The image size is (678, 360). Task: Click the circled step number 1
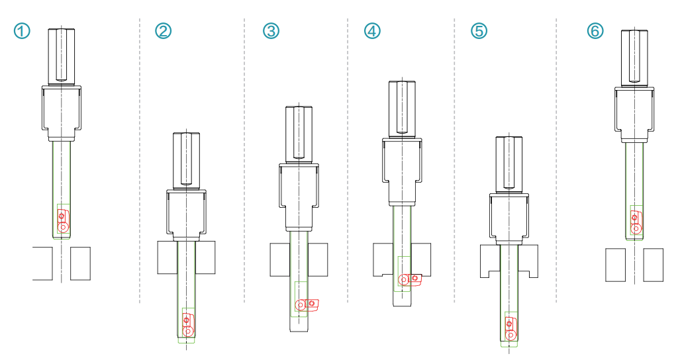22,31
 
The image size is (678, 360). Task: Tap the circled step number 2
163,31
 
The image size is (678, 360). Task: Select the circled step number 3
271,31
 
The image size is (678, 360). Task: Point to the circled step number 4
372,31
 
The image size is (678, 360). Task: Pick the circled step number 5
479,31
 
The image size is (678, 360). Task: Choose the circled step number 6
595,31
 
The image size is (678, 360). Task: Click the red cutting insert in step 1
63,221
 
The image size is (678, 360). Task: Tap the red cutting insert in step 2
188,325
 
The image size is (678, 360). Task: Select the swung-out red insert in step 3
307,304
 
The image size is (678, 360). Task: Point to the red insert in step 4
410,279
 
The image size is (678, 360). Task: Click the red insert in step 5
510,329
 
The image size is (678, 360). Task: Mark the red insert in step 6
636,222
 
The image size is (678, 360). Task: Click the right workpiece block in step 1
80,263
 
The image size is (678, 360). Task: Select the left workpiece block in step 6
615,265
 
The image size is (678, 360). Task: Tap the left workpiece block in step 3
280,259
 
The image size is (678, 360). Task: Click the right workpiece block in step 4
420,259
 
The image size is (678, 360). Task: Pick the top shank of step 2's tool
186,161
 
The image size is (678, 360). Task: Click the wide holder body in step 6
634,114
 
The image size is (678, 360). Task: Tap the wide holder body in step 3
299,197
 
